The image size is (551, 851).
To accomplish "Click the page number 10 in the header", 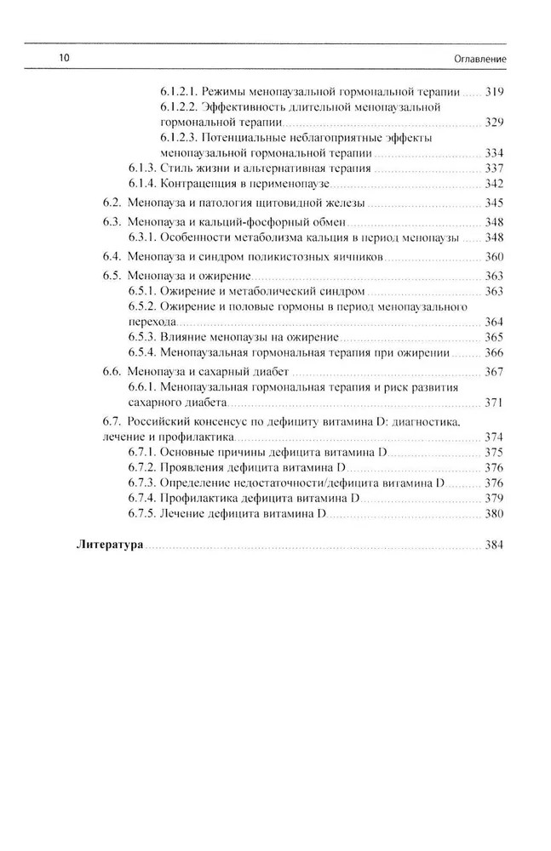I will [63, 58].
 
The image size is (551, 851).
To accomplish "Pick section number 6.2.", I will [112, 203].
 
